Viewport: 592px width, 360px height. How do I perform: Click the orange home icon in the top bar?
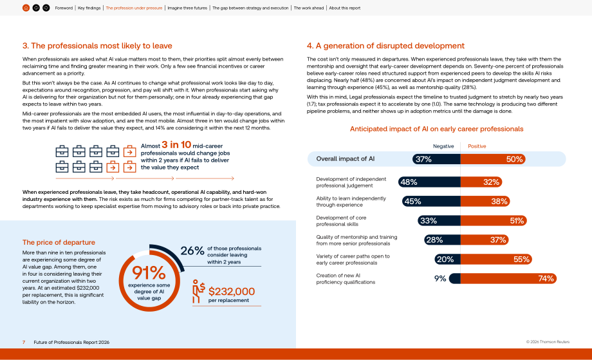point(26,8)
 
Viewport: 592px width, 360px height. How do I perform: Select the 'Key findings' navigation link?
point(89,8)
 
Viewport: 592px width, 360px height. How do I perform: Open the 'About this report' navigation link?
point(345,8)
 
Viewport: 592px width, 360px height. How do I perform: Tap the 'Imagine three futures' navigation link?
point(187,8)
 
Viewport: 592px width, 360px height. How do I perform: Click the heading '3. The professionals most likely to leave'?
point(97,46)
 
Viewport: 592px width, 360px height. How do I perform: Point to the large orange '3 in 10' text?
point(176,145)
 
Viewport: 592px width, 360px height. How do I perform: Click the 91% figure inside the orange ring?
point(149,273)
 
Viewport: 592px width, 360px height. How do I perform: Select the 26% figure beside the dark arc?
point(192,251)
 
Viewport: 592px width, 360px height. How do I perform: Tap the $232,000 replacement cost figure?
point(232,291)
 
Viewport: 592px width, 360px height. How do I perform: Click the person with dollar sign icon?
point(198,291)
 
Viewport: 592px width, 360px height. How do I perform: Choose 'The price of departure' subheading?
point(59,243)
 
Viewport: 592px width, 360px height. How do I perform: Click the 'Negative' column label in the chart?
point(443,146)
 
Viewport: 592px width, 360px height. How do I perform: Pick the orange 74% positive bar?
point(508,278)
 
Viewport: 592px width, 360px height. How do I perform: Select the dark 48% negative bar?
point(429,182)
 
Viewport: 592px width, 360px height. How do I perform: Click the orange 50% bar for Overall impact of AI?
point(493,159)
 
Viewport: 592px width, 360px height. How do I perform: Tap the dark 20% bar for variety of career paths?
point(447,259)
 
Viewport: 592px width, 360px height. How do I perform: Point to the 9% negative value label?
point(440,278)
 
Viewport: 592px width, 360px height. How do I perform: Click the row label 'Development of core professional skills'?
point(341,221)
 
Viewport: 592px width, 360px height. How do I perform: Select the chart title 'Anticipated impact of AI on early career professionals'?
point(436,129)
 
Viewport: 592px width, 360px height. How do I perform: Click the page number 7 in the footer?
point(24,342)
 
